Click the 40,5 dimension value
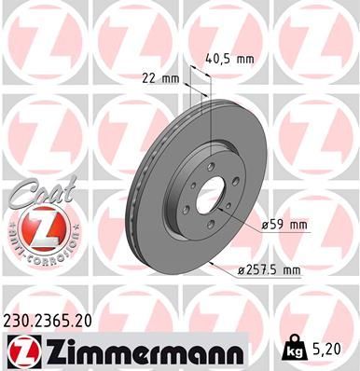[218, 59]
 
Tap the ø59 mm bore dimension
[287, 224]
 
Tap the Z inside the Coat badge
[37, 228]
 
